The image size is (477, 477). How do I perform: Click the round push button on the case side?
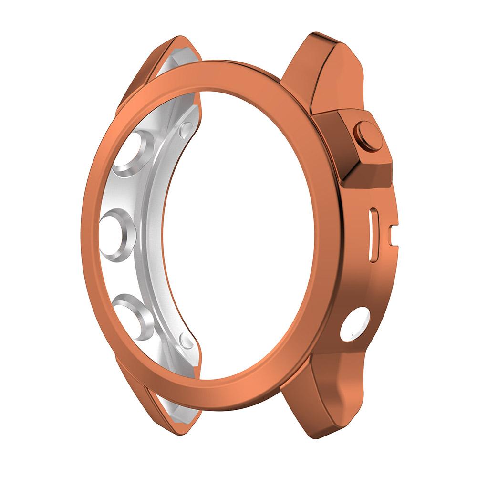point(369,137)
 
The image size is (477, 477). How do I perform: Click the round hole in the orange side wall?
point(355,325)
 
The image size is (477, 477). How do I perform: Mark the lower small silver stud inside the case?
point(187,340)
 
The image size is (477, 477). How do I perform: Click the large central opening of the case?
point(238,229)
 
